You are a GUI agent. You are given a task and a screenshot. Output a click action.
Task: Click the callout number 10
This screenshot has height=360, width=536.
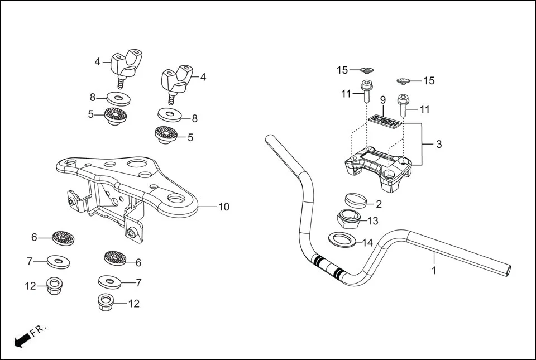click(x=223, y=207)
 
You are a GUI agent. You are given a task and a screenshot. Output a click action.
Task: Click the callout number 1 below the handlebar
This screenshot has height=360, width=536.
click(x=434, y=271)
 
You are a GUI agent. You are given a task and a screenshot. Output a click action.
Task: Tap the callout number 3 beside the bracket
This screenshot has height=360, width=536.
click(x=439, y=144)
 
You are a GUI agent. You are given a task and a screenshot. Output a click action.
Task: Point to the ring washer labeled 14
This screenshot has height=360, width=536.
click(x=341, y=239)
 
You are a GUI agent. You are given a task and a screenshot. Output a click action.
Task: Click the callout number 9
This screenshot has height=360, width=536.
click(x=383, y=100)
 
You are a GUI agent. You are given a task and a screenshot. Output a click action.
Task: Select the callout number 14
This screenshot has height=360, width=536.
click(x=367, y=243)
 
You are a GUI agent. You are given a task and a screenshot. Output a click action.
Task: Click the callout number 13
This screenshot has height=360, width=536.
click(x=373, y=221)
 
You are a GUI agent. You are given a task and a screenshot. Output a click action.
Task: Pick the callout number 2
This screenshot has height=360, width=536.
click(x=379, y=204)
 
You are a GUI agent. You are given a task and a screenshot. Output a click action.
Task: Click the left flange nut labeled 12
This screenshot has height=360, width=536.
click(x=54, y=287)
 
